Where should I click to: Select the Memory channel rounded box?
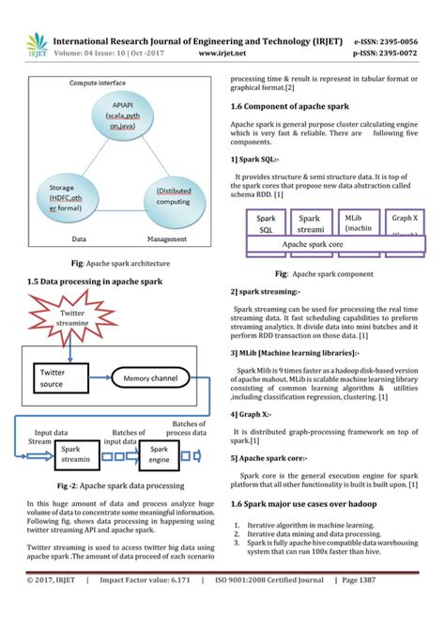(x=149, y=378)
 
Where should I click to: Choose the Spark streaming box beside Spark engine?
(x=76, y=454)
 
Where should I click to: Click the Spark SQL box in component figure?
(x=266, y=223)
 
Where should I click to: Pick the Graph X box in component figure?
(x=405, y=223)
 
